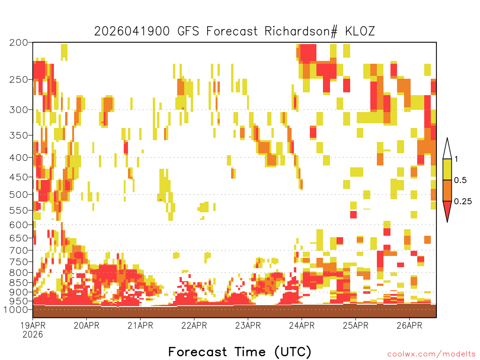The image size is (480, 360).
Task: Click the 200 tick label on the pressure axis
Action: [x=18, y=43]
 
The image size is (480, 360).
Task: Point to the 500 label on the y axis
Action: [x=18, y=195]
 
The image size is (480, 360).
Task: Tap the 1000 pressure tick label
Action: [x=15, y=309]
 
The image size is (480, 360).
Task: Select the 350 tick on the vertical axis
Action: [x=18, y=135]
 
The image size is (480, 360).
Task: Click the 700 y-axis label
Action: [x=18, y=250]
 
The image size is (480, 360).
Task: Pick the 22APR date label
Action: [x=194, y=325]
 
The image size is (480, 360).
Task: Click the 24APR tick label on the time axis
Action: [x=302, y=325]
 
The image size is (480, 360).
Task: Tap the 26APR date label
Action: [x=410, y=325]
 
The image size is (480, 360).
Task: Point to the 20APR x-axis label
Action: [x=86, y=325]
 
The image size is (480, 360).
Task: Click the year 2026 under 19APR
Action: [x=33, y=334]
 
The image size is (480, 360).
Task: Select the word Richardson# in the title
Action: [x=301, y=31]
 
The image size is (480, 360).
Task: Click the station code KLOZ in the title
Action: [x=360, y=31]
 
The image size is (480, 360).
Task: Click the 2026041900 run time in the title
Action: [x=132, y=31]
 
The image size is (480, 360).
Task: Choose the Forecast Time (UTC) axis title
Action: [x=240, y=352]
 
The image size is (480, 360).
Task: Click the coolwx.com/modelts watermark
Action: [x=432, y=354]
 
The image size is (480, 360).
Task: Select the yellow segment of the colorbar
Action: [x=447, y=169]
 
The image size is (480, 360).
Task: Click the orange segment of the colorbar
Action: [x=447, y=190]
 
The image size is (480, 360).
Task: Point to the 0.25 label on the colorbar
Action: [x=463, y=201]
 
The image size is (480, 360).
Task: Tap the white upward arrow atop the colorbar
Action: [x=447, y=149]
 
